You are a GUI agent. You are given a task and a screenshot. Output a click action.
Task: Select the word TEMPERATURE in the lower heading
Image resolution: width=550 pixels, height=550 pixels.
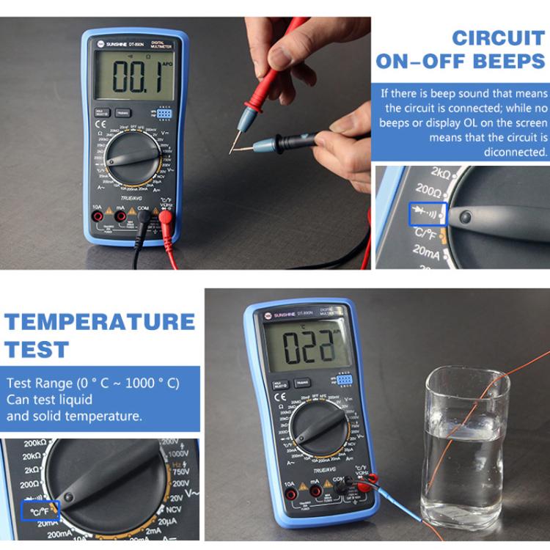click(x=100, y=322)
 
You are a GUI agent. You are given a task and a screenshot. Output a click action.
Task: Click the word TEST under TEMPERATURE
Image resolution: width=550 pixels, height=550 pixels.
click(x=37, y=349)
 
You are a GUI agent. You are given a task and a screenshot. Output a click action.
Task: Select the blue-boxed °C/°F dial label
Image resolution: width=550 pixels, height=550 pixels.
click(x=40, y=510)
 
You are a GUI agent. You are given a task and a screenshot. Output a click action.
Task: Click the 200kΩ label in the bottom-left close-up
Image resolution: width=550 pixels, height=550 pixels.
click(x=35, y=444)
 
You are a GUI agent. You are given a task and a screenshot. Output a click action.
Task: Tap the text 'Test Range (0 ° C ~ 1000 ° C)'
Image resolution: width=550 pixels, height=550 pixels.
click(x=92, y=384)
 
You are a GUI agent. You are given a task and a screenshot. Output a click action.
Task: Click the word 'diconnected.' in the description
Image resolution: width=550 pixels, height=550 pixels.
click(x=516, y=153)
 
